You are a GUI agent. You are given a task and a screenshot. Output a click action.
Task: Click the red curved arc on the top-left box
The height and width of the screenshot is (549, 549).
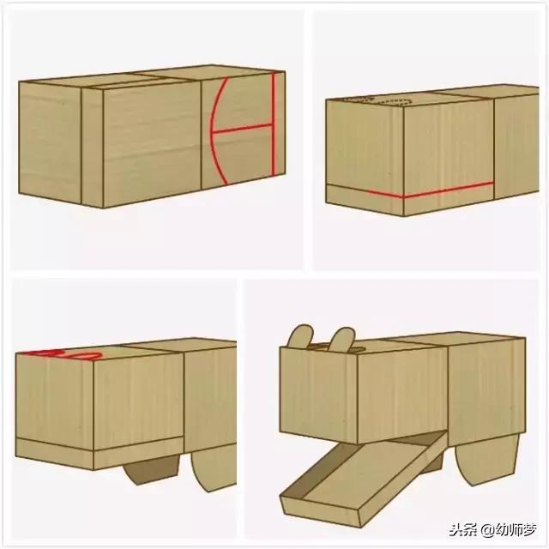pos(214,129)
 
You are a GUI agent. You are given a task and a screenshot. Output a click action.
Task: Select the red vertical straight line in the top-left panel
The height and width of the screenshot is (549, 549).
pos(273,129)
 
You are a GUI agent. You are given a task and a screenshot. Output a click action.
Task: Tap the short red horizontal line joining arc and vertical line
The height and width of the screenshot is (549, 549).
pos(243,130)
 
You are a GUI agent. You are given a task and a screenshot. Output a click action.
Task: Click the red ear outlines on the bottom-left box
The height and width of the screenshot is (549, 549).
pos(64,353)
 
